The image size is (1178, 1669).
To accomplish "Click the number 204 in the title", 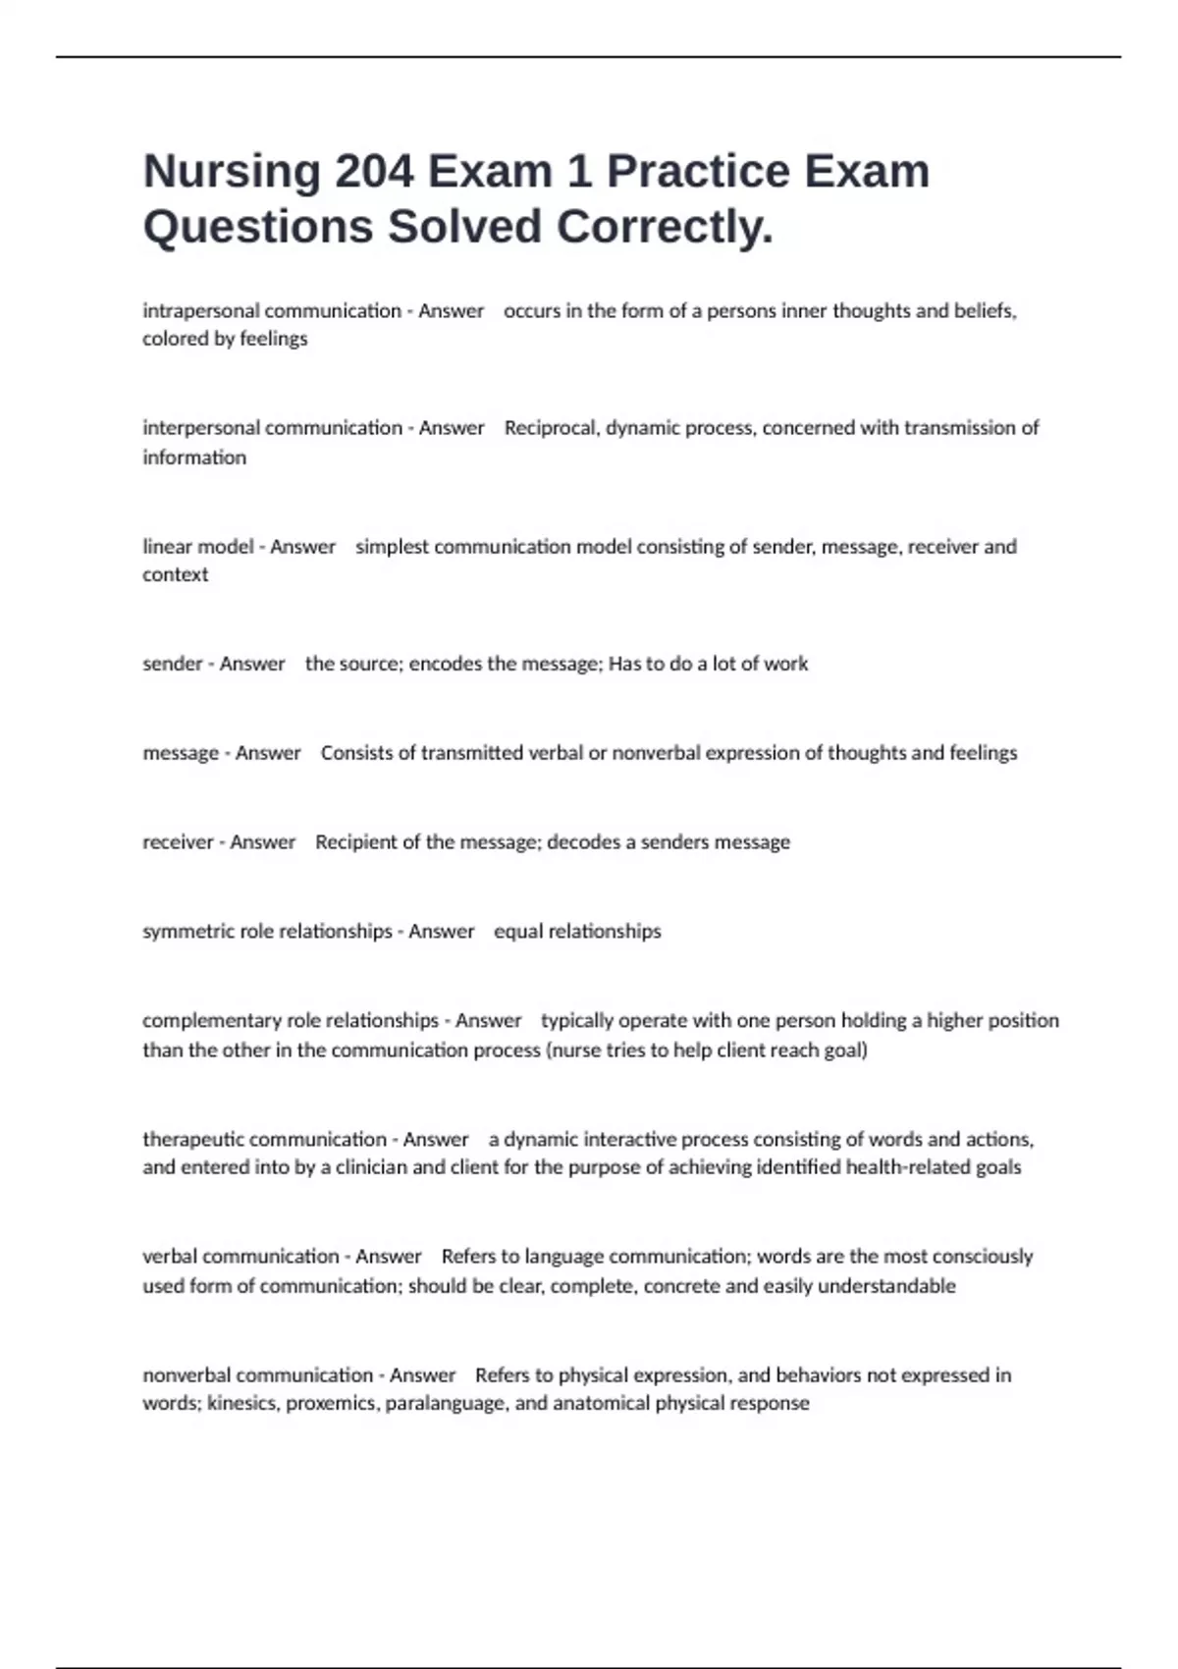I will (x=373, y=171).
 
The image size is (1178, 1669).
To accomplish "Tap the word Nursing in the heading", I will (x=232, y=171).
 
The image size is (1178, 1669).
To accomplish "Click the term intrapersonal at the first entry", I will (x=201, y=311).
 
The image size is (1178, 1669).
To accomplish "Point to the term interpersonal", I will (x=201, y=428).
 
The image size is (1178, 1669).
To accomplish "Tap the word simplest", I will (x=392, y=546).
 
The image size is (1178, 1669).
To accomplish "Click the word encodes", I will (x=446, y=664).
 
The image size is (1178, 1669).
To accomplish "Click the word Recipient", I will (x=355, y=842).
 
